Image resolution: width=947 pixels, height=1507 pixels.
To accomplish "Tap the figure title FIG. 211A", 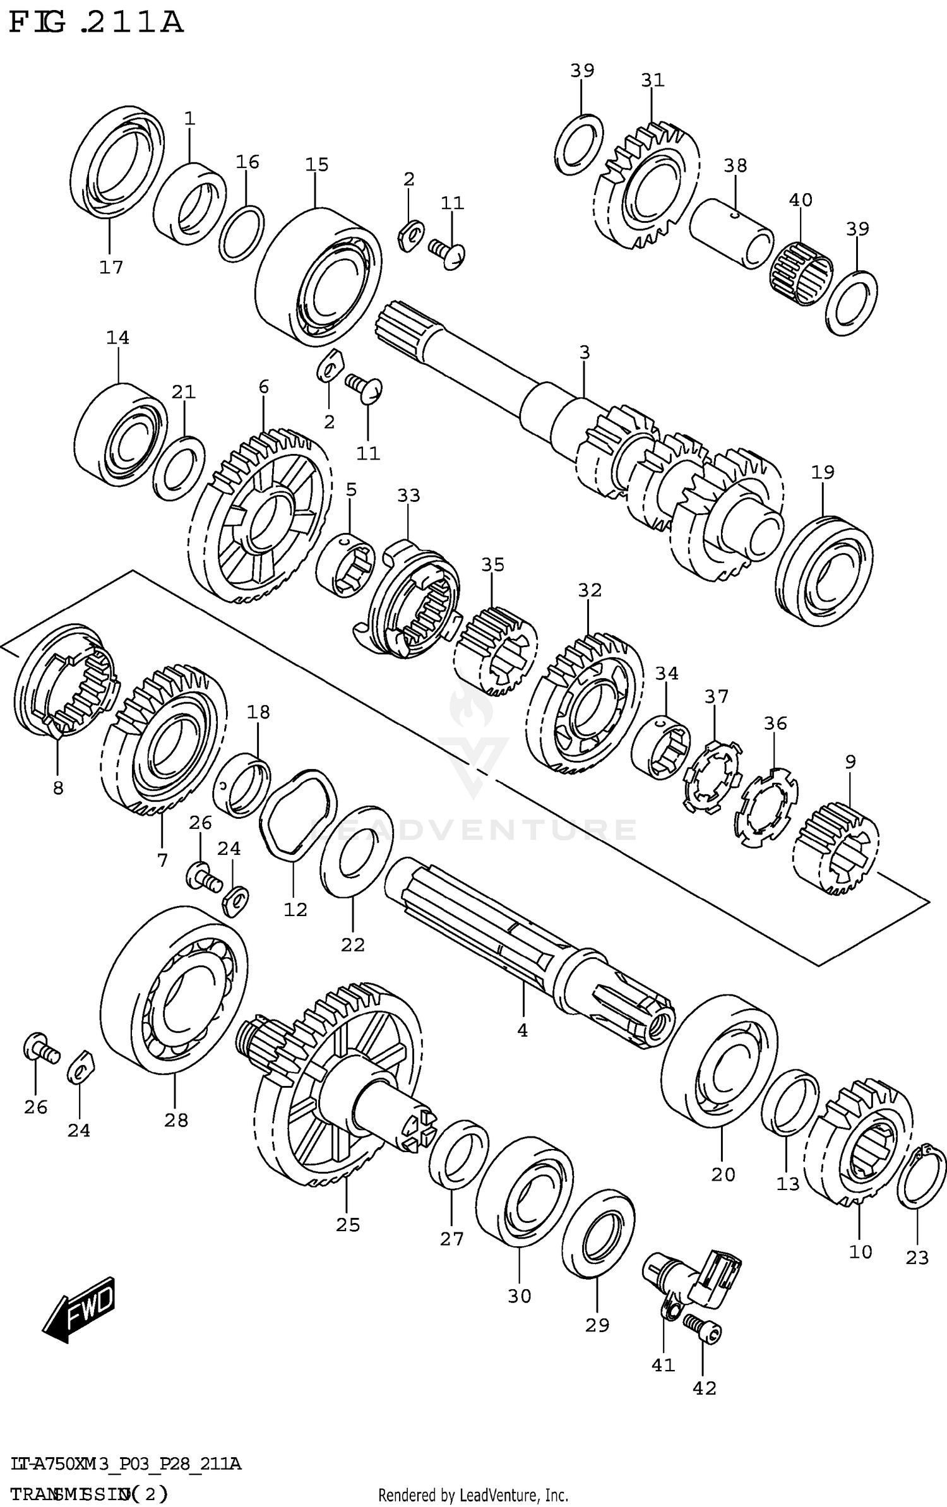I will click(96, 23).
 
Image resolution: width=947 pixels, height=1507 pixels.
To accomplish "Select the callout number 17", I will click(111, 268).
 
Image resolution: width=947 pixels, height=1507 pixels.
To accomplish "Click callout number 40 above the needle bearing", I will click(801, 200).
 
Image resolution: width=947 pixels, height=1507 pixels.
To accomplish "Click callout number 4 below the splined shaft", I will click(522, 1030).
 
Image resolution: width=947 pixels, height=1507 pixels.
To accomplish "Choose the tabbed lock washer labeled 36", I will click(766, 807).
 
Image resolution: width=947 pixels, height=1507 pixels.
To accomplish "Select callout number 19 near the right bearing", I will click(823, 472).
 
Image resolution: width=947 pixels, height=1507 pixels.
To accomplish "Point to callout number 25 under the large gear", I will click(348, 1225).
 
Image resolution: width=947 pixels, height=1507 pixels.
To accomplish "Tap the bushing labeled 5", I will click(345, 564).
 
